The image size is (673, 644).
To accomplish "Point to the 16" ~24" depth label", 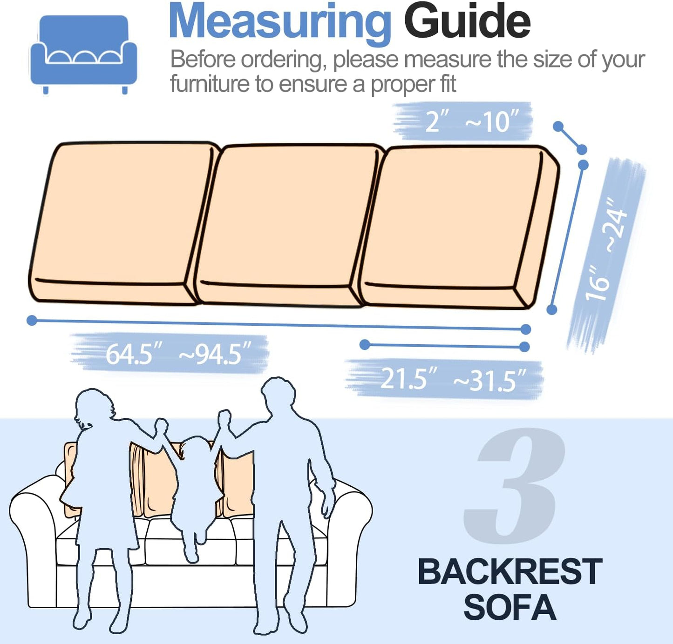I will [x=606, y=251].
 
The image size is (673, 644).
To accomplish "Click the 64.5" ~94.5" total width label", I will [x=177, y=354].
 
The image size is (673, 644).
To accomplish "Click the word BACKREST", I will [x=510, y=571].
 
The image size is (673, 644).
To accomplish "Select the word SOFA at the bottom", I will [x=510, y=607].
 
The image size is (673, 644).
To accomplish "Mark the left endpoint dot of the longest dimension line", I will [x=32, y=320].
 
